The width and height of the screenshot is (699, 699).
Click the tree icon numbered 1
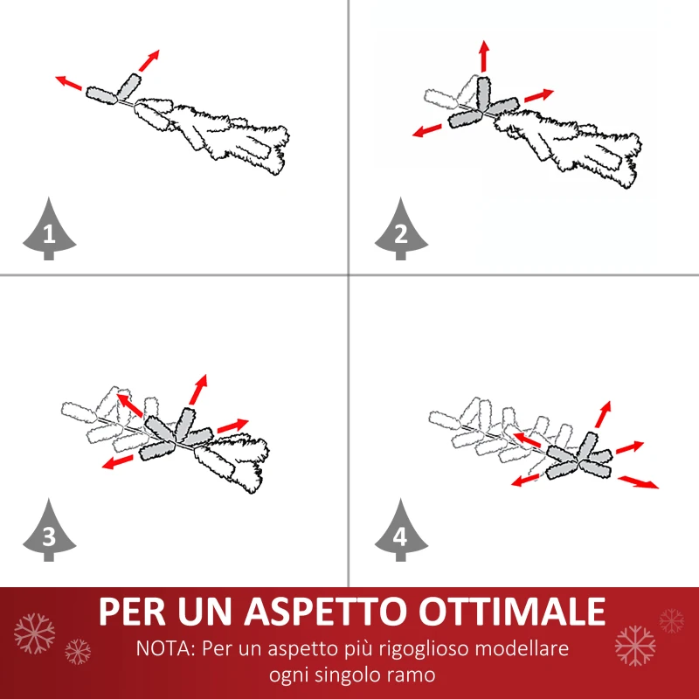[48, 231]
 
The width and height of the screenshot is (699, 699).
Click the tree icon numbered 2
[401, 231]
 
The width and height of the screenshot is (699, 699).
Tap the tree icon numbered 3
[48, 534]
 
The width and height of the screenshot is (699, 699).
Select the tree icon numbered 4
[401, 534]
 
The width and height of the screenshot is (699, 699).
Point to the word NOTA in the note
[164, 650]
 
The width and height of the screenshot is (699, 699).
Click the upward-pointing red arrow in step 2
[483, 56]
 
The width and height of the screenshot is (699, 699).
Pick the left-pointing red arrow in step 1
[69, 84]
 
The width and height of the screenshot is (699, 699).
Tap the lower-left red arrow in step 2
[427, 130]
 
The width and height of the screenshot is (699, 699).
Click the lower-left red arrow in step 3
[119, 461]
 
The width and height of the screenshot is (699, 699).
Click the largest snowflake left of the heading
[35, 631]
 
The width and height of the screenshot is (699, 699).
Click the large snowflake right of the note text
[634, 645]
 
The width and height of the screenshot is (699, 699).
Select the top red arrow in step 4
[603, 413]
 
